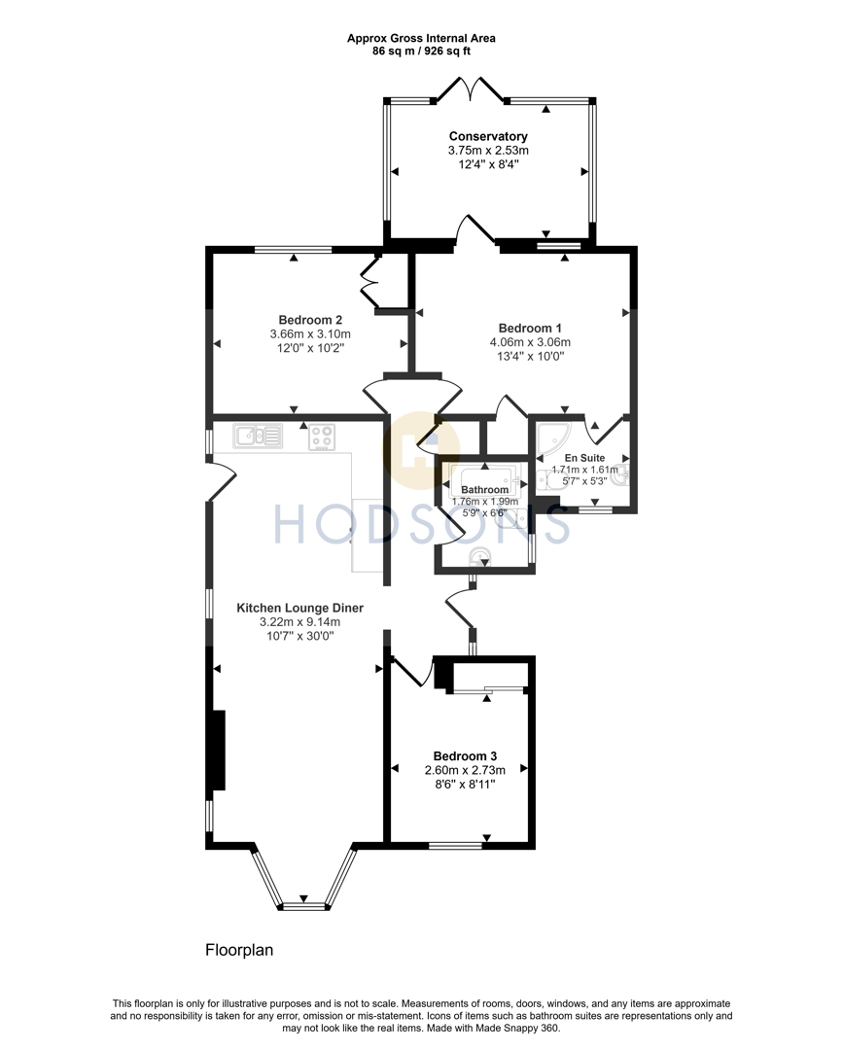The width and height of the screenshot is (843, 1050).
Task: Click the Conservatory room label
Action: pos(488,136)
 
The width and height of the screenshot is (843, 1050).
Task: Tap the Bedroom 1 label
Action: pos(529,328)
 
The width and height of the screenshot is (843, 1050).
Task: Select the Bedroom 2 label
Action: pos(310,320)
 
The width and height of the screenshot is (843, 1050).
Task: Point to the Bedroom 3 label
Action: pos(465,756)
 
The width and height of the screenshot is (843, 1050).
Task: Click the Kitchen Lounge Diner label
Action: pos(299,608)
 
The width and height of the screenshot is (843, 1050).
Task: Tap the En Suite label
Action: pos(584,457)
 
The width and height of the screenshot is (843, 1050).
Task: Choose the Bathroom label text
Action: pos(484,489)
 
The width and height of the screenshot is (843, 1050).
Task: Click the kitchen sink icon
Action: pos(258,437)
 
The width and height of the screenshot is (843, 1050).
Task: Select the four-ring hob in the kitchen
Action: pos(322,437)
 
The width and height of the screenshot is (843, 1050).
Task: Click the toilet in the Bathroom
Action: pos(477,556)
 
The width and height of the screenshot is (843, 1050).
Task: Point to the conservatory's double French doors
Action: pos(472,88)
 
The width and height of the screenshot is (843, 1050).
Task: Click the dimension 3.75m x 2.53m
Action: pos(488,151)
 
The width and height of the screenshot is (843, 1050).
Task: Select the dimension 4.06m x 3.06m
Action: pos(529,342)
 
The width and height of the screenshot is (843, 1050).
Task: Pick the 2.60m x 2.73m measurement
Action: pos(465,771)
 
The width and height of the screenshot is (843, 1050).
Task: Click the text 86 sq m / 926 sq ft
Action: pos(421,51)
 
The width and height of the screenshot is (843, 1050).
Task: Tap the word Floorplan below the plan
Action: pos(241,949)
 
